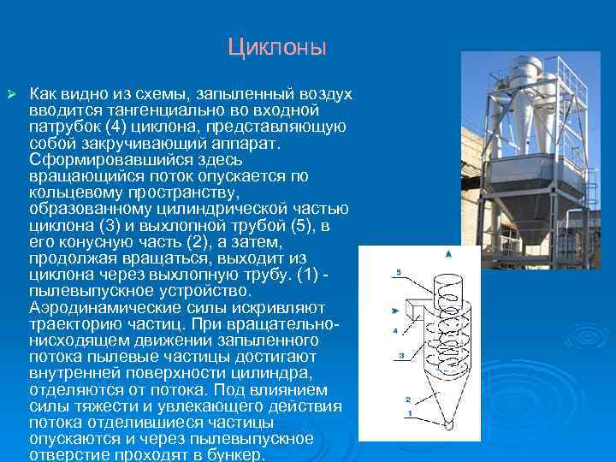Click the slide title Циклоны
point(276,46)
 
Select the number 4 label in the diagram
point(394,330)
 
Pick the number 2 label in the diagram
point(408,399)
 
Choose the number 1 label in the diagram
point(410,414)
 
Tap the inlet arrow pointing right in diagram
point(394,310)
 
